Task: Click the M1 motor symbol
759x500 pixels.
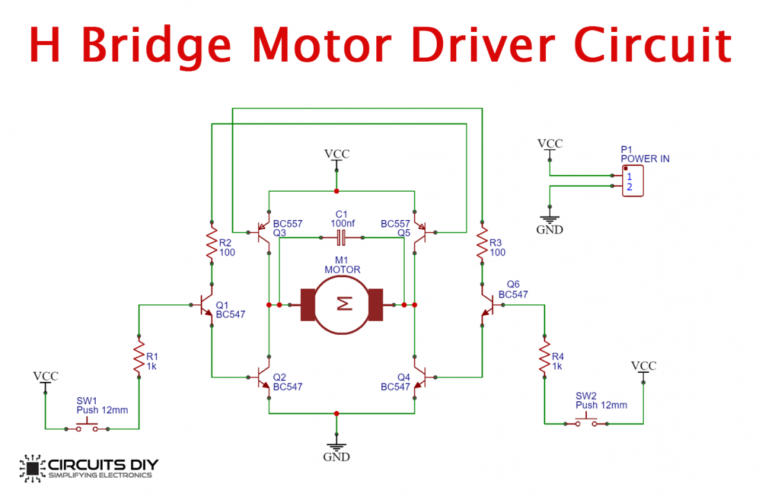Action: pyautogui.click(x=341, y=305)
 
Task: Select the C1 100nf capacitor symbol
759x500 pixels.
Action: pyautogui.click(x=341, y=238)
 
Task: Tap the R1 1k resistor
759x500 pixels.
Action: pyautogui.click(x=140, y=355)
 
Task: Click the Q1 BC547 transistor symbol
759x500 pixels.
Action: pyautogui.click(x=205, y=306)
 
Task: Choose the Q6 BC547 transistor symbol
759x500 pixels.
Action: pyautogui.click(x=488, y=306)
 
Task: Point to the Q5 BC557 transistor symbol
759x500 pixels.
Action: pyautogui.click(x=420, y=232)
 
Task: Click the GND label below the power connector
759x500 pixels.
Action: pyautogui.click(x=549, y=230)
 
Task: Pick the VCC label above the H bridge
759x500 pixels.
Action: pyautogui.click(x=337, y=154)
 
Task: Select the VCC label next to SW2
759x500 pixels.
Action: pyautogui.click(x=643, y=366)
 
